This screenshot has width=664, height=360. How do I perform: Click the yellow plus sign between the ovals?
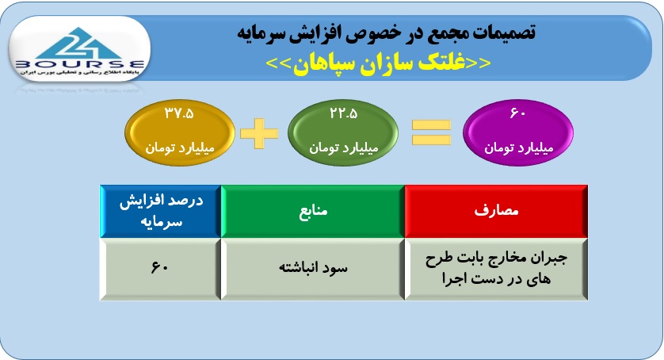coord(259,133)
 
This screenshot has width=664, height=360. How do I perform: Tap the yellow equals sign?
coord(431,132)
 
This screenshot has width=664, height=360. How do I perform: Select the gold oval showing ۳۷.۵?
coord(180,132)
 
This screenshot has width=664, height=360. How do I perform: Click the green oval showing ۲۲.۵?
coord(343,132)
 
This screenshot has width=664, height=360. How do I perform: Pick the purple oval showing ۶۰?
coord(518,132)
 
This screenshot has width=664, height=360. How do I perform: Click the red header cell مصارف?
coord(496,211)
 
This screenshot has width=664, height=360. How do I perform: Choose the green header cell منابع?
coord(313,211)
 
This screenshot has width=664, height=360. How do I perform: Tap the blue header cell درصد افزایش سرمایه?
coord(161,211)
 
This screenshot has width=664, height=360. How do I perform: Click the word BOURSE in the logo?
coord(80,65)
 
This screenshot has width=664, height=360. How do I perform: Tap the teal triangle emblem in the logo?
coord(78,44)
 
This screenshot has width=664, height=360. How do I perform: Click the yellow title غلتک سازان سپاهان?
coord(378,63)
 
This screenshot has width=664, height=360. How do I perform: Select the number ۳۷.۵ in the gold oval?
coord(179,113)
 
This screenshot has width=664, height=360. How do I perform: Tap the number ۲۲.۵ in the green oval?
coord(343,113)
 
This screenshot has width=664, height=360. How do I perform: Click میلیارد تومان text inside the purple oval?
coord(519,148)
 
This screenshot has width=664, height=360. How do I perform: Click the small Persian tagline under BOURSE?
coord(80,72)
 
